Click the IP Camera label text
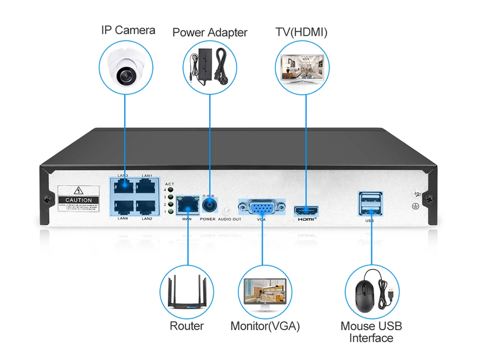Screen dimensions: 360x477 click(x=128, y=30)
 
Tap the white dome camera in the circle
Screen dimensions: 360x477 click(x=125, y=70)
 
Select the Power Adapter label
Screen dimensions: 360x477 click(x=210, y=33)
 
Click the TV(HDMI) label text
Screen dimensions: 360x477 click(x=302, y=32)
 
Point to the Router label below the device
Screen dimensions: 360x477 click(x=187, y=326)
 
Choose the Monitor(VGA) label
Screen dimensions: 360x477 click(x=265, y=326)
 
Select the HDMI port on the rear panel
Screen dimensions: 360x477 click(x=306, y=210)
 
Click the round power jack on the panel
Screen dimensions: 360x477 click(x=209, y=206)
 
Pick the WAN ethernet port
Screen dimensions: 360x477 click(x=187, y=205)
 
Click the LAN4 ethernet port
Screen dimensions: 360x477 click(x=123, y=207)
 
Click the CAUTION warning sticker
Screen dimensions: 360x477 click(x=79, y=198)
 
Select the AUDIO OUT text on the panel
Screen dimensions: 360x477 click(x=229, y=219)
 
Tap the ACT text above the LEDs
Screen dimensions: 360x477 click(x=170, y=184)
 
